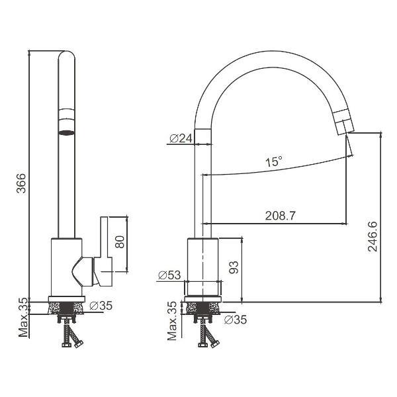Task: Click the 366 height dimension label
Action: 21,183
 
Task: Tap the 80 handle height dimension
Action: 120,242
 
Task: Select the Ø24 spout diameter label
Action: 181,138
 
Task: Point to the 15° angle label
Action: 274,161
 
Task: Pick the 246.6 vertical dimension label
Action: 373,236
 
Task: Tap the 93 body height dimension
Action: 234,267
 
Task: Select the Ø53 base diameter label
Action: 169,275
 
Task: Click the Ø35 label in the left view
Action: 101,306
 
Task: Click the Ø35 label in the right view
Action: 235,320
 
